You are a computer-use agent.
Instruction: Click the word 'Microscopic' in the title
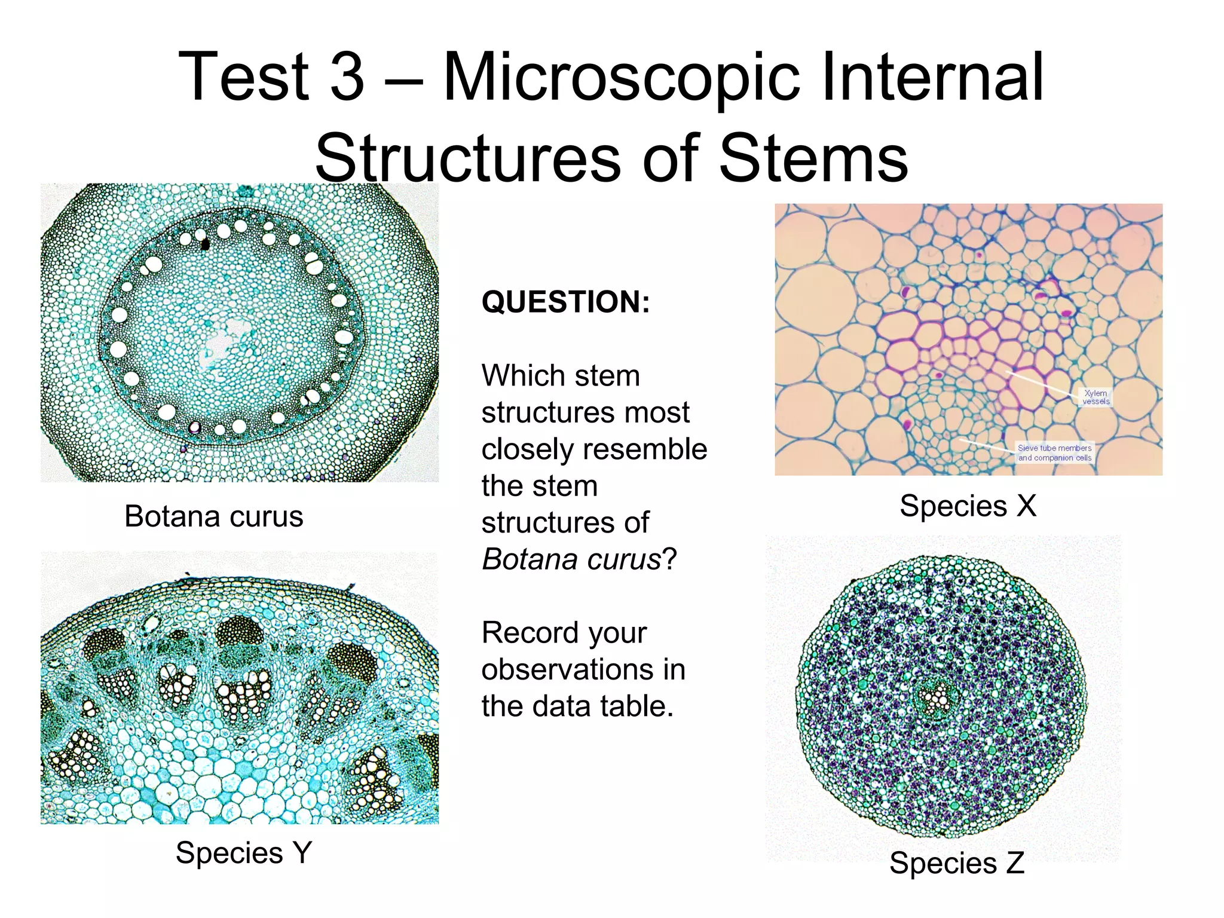point(621,78)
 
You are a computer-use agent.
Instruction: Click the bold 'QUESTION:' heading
point(565,302)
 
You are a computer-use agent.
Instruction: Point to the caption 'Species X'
point(968,506)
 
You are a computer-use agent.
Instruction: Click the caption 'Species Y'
point(244,852)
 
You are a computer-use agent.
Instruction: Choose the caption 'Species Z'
point(957,863)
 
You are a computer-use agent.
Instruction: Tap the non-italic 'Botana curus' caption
point(213,516)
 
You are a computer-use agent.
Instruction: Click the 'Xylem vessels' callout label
point(1096,397)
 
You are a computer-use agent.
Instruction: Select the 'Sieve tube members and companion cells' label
point(1054,452)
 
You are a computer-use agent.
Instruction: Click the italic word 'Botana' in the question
point(530,560)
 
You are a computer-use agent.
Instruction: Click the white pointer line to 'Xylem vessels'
point(1040,383)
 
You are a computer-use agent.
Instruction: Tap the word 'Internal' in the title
point(932,78)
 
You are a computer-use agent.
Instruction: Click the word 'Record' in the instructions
point(564,633)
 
